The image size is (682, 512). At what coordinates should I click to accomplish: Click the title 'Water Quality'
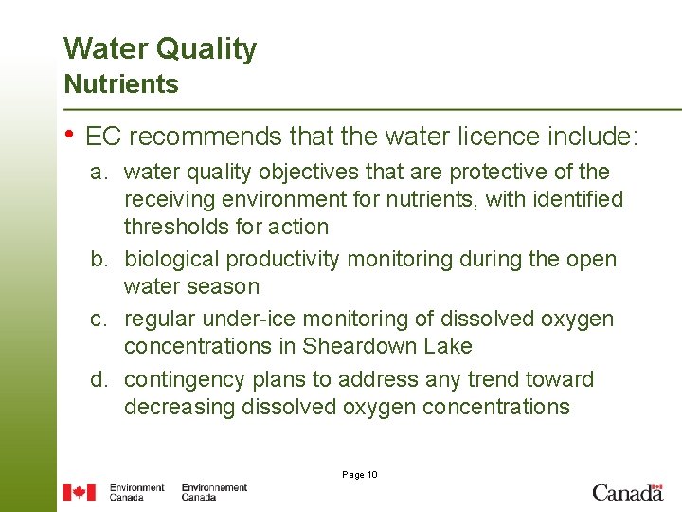159,49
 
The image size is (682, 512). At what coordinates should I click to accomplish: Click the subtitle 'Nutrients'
120,84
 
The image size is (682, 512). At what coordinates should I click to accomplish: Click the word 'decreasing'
178,408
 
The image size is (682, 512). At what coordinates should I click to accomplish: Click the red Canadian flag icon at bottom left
80,492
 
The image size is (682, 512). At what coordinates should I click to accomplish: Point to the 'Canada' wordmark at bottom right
627,492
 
